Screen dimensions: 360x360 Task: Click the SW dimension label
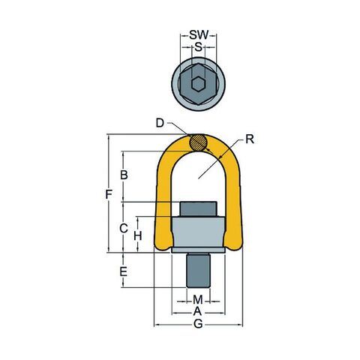pos(199,35)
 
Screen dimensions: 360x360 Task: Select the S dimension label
pos(198,46)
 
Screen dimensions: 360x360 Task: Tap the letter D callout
pos(160,123)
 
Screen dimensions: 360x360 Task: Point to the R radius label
pos(250,139)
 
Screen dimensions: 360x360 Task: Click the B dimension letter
pos(124,175)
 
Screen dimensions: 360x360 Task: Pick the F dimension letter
pos(109,194)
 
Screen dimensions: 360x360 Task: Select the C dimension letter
pos(124,228)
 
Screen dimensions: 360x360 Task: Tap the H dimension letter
pos(138,235)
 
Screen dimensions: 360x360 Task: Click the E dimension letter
pos(123,271)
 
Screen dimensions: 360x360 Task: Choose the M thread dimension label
pos(198,299)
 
